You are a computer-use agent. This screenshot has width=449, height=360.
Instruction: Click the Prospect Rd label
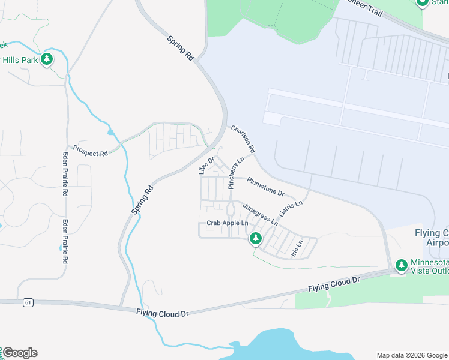[x=90, y=150]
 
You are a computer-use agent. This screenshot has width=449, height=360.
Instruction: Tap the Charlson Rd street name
[x=244, y=139]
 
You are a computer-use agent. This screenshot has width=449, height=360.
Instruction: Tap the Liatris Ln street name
[x=291, y=209]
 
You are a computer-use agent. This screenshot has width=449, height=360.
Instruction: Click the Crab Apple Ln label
[x=227, y=223]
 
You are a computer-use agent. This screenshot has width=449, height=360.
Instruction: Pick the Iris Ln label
[x=297, y=249]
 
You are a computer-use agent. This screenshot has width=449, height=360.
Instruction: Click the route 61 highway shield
[x=28, y=303]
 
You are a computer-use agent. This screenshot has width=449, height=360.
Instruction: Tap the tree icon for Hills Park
[x=47, y=59]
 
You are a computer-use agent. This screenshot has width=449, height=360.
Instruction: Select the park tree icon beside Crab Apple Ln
[x=256, y=239]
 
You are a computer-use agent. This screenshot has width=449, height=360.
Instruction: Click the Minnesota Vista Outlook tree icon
[x=400, y=265]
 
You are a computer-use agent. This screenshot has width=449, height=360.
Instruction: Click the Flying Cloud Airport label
[x=431, y=238]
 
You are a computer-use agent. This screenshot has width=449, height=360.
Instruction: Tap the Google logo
[x=20, y=353]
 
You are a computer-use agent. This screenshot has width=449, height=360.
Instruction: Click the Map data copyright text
[x=412, y=355]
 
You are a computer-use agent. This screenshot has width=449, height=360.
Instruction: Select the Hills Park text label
[x=21, y=60]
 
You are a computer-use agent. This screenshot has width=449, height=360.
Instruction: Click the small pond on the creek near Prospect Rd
[x=110, y=132]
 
